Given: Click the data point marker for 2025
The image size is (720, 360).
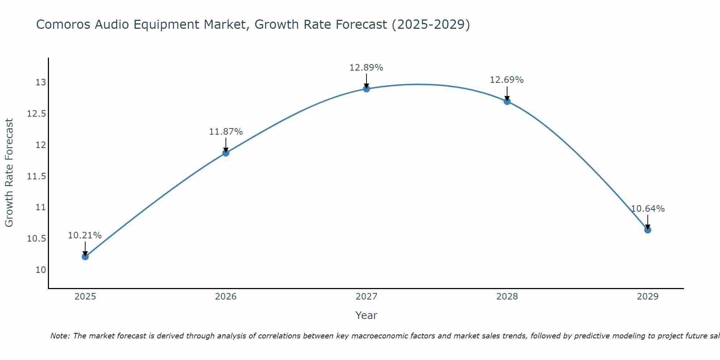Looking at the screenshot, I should pyautogui.click(x=85, y=257).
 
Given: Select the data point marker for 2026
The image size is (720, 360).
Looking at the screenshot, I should pyautogui.click(x=226, y=153).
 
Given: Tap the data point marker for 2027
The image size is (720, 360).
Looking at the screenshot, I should pyautogui.click(x=366, y=89).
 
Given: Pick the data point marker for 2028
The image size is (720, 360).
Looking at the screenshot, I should pyautogui.click(x=507, y=102).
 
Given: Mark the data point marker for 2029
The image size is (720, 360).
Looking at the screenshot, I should pyautogui.click(x=648, y=230).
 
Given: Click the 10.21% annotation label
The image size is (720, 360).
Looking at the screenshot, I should pyautogui.click(x=85, y=235).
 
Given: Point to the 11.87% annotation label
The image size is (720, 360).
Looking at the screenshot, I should pyautogui.click(x=226, y=132).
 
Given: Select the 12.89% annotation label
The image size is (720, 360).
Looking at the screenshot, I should pyautogui.click(x=366, y=68).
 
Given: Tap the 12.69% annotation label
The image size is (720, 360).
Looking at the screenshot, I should pyautogui.click(x=507, y=80).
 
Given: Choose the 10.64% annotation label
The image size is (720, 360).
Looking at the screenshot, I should pyautogui.click(x=648, y=209).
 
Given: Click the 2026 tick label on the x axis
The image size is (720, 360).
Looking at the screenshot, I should pyautogui.click(x=226, y=297).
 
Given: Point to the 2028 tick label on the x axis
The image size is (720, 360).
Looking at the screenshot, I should pyautogui.click(x=507, y=297).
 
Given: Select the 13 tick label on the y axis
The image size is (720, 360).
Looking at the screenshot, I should pyautogui.click(x=41, y=82).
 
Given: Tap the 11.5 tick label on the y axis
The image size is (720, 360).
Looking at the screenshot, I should pyautogui.click(x=37, y=176).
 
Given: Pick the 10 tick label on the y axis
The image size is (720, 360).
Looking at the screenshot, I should pyautogui.click(x=41, y=270).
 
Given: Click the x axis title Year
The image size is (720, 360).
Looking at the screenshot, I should pyautogui.click(x=366, y=315).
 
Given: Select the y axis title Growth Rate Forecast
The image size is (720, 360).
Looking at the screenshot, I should pyautogui.click(x=9, y=173).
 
